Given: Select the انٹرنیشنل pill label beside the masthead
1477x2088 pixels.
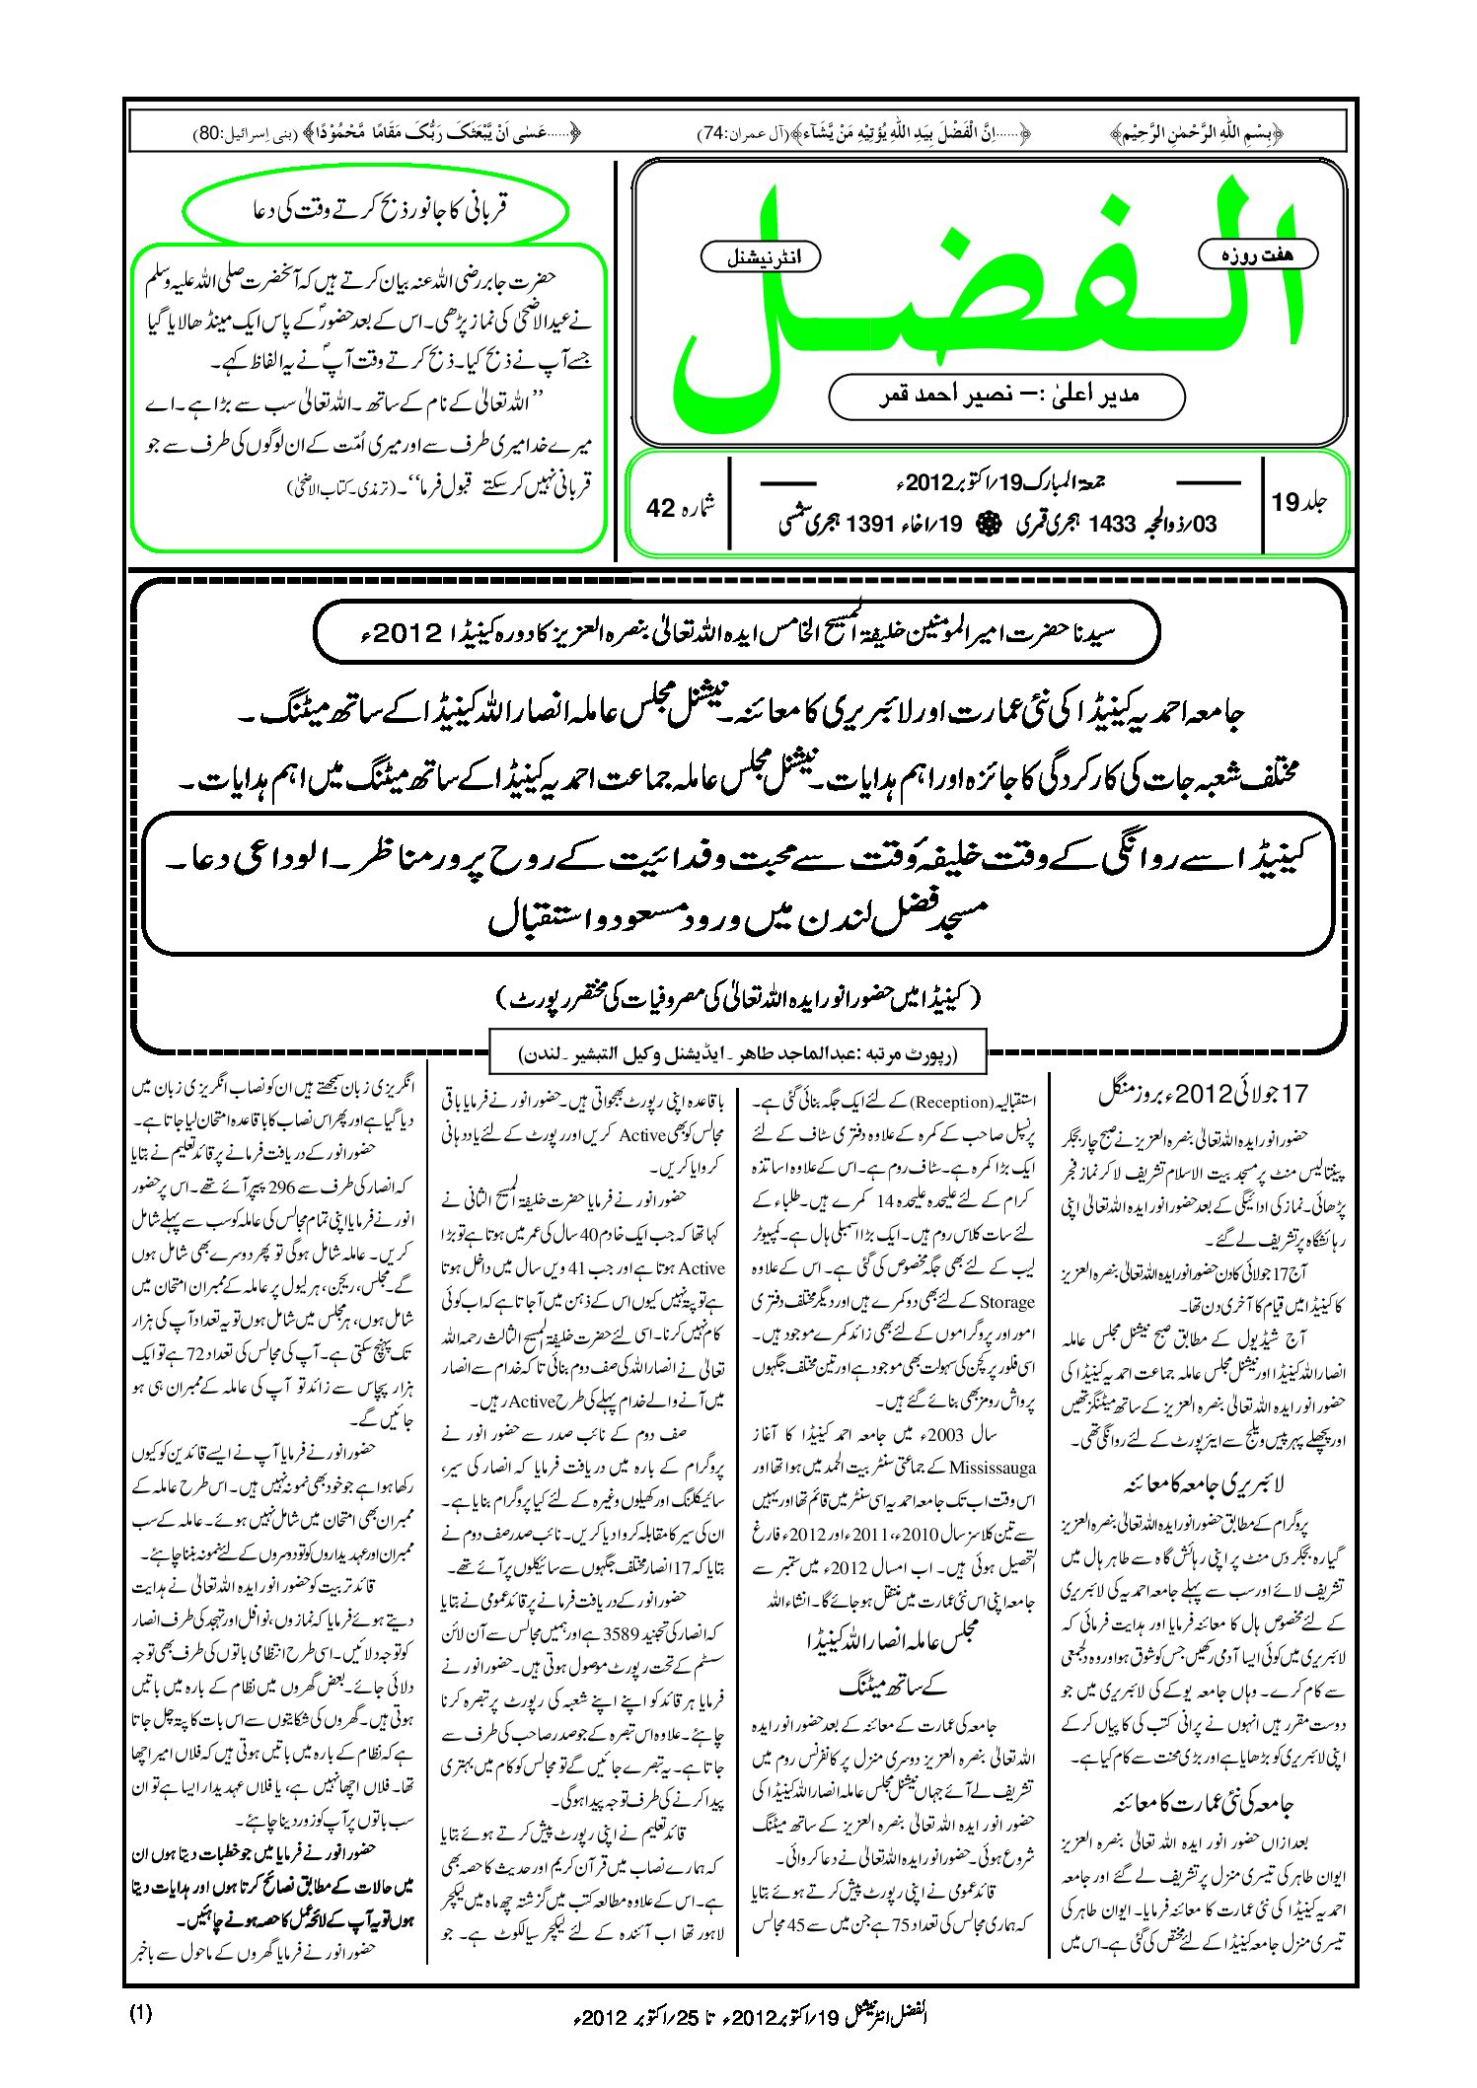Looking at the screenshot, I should (760, 257).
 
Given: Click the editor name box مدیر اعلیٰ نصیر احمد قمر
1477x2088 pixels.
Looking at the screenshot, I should (1006, 396).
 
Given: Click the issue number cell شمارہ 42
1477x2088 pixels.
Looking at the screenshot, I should (680, 506).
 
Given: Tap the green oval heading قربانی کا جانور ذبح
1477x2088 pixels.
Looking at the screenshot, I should (376, 210).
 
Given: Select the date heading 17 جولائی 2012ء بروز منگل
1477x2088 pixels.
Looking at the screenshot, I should (1202, 1093).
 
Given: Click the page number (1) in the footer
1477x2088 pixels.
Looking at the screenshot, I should (140, 2014).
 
